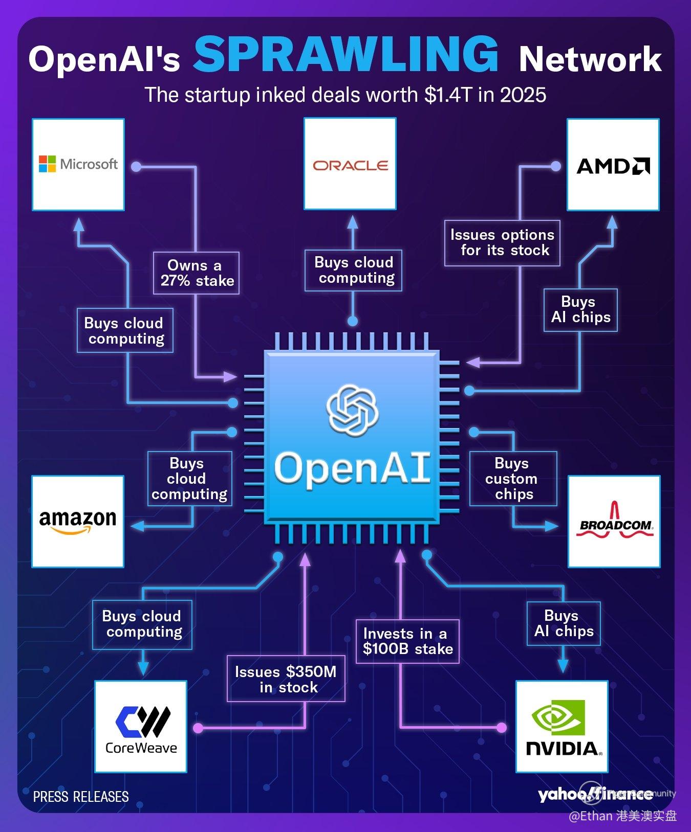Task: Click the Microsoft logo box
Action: pos(78,164)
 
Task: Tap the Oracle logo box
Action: pos(350,164)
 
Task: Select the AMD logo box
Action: pos(613,165)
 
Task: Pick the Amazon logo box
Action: pos(78,521)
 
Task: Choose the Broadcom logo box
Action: pos(614,521)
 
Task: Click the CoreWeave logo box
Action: pos(141,726)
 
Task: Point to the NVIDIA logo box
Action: pos(562,726)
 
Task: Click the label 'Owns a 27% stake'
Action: pos(196,273)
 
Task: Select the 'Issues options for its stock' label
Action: pos(502,243)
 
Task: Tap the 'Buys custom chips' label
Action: pos(513,479)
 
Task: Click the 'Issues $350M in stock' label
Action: pos(286,679)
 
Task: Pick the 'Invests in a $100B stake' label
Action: pos(407,641)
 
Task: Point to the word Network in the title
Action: pos(590,59)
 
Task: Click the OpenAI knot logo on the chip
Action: pos(352,411)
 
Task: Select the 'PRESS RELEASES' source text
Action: pos(81,796)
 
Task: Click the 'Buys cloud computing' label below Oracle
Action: pos(353,270)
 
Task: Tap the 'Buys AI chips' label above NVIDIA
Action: pos(563,623)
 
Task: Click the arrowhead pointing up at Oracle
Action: pos(353,222)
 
